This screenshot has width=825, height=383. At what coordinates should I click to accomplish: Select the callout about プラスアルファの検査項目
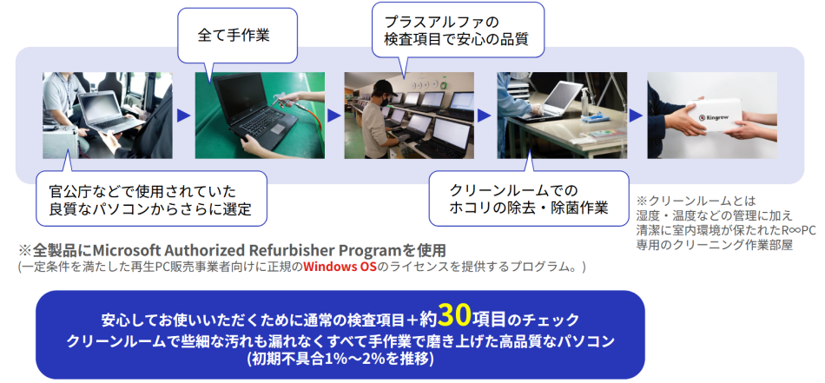pyautogui.click(x=457, y=28)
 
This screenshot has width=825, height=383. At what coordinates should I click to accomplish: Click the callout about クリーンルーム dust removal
pyautogui.click(x=528, y=198)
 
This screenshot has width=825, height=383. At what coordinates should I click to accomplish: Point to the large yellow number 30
pyautogui.click(x=458, y=314)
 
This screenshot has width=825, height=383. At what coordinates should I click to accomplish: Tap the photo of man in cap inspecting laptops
pyautogui.click(x=409, y=116)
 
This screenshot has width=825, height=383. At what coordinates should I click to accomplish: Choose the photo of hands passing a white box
pyautogui.click(x=711, y=116)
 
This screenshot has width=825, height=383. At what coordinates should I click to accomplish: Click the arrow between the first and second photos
pyautogui.click(x=183, y=116)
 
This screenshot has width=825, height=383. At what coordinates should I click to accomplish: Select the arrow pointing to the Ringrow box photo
pyautogui.click(x=636, y=116)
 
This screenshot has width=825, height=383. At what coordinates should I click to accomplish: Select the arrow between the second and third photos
pyautogui.click(x=334, y=116)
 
